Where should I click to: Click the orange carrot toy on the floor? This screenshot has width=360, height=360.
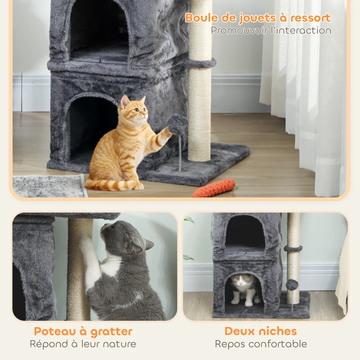click(214, 188)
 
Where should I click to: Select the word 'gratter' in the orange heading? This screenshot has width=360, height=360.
click(111, 332)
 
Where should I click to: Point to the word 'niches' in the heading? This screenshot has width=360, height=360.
click(280, 332)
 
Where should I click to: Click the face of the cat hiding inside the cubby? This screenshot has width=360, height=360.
click(241, 282)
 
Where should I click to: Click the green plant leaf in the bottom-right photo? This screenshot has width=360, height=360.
click(189, 220)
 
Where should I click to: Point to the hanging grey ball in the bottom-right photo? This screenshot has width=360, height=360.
click(292, 284)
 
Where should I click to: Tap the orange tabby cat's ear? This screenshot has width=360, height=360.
click(124, 101)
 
